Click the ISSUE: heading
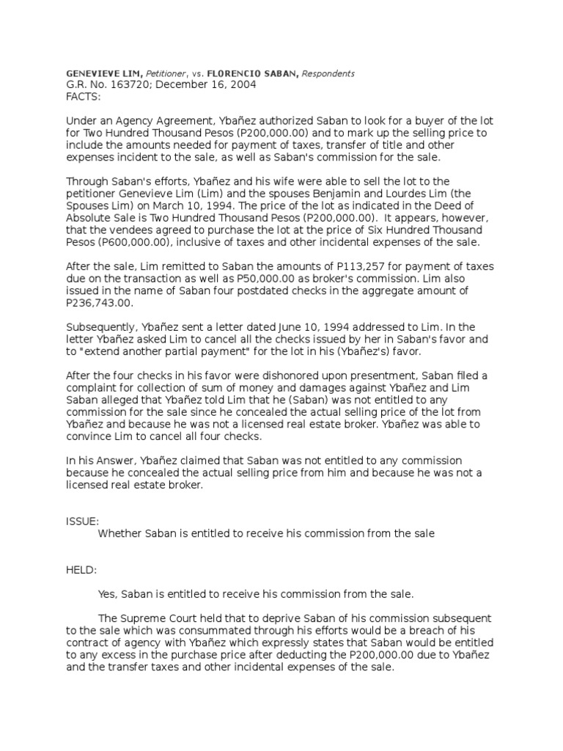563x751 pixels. coord(82,521)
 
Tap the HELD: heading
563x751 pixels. coord(81,569)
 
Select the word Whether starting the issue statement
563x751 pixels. coord(119,533)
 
